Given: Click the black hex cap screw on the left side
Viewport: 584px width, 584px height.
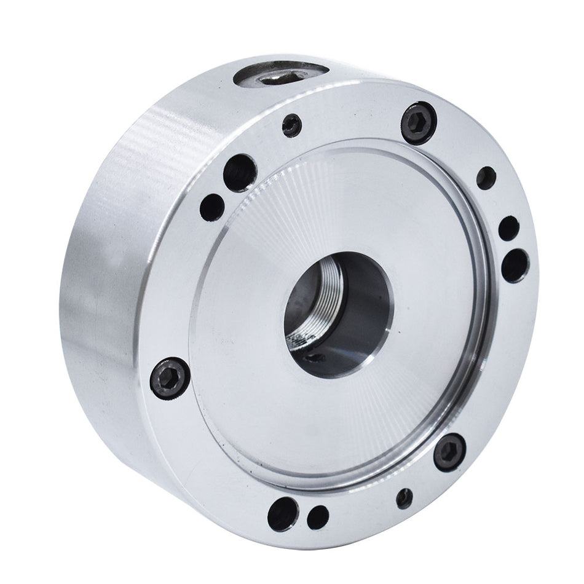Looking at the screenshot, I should (168, 377).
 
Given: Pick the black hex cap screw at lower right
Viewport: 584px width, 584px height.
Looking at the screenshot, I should (449, 452).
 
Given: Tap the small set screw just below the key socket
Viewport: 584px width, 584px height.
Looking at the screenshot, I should (292, 125).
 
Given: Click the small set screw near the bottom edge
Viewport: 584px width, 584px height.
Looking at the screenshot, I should (404, 498).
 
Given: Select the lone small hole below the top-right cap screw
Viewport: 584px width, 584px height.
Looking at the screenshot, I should (486, 178).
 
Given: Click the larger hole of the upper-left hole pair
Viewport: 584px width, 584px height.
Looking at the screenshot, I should (240, 172).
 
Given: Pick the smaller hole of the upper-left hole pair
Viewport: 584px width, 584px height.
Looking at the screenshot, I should (213, 207).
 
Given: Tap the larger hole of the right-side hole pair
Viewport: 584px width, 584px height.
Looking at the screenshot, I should (515, 266).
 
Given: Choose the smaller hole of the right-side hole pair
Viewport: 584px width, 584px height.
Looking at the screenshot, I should (508, 228).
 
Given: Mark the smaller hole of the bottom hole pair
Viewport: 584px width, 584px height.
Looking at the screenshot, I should (317, 517).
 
